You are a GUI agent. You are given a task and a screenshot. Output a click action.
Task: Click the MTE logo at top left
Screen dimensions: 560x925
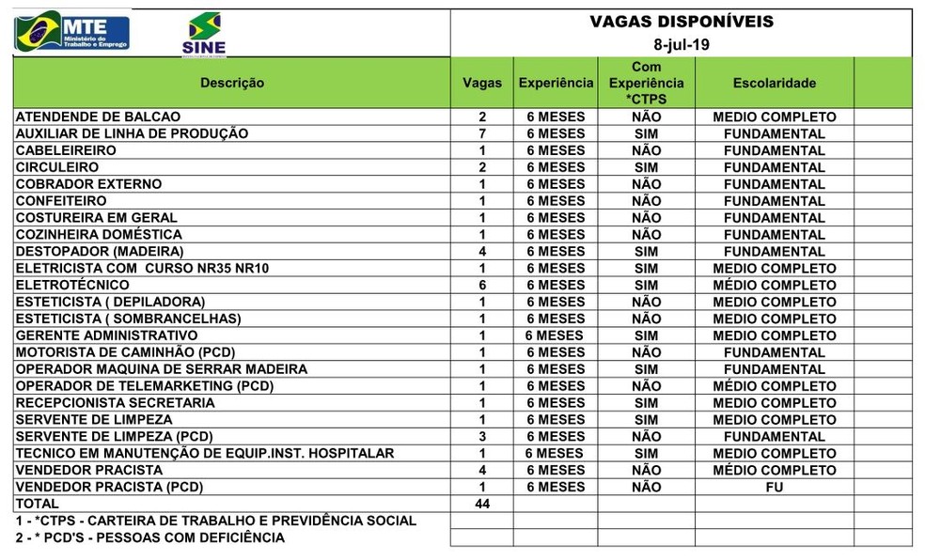(71, 32)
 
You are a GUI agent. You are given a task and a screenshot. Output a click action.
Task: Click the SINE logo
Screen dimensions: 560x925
(204, 36)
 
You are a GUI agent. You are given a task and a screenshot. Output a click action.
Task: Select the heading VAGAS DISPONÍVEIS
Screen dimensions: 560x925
(682, 21)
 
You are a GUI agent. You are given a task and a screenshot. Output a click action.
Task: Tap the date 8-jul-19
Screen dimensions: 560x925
(682, 43)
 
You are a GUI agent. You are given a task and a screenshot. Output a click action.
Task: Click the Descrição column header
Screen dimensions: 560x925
(232, 83)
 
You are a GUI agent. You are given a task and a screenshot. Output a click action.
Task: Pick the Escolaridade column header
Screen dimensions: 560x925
(774, 83)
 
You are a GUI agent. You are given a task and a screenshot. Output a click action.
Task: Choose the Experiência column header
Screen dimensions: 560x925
(556, 83)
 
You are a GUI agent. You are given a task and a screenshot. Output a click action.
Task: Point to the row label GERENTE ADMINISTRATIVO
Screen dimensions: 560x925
(106, 335)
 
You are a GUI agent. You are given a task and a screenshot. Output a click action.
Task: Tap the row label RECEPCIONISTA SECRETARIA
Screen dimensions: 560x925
(115, 402)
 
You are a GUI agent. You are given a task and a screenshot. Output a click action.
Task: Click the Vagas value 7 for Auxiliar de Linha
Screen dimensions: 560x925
(482, 133)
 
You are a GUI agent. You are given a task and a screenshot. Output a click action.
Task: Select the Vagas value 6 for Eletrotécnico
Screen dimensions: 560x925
(482, 285)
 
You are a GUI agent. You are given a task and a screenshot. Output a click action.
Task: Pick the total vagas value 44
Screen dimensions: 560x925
(482, 504)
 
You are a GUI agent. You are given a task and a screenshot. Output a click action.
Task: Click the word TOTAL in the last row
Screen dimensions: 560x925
(38, 504)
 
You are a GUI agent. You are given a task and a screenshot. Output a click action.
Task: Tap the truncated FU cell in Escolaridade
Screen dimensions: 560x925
(774, 487)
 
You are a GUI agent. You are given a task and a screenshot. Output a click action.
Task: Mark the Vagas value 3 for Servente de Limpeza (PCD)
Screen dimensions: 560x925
(482, 436)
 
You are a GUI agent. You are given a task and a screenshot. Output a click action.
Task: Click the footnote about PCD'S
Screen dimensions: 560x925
(150, 537)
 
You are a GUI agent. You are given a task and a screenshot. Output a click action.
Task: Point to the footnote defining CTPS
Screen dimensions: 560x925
(216, 521)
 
